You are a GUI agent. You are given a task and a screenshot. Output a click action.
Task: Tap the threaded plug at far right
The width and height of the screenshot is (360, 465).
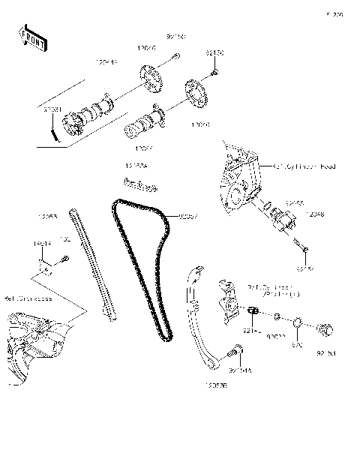(327, 329)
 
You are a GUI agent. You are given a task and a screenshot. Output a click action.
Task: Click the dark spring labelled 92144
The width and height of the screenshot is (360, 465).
(253, 310)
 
